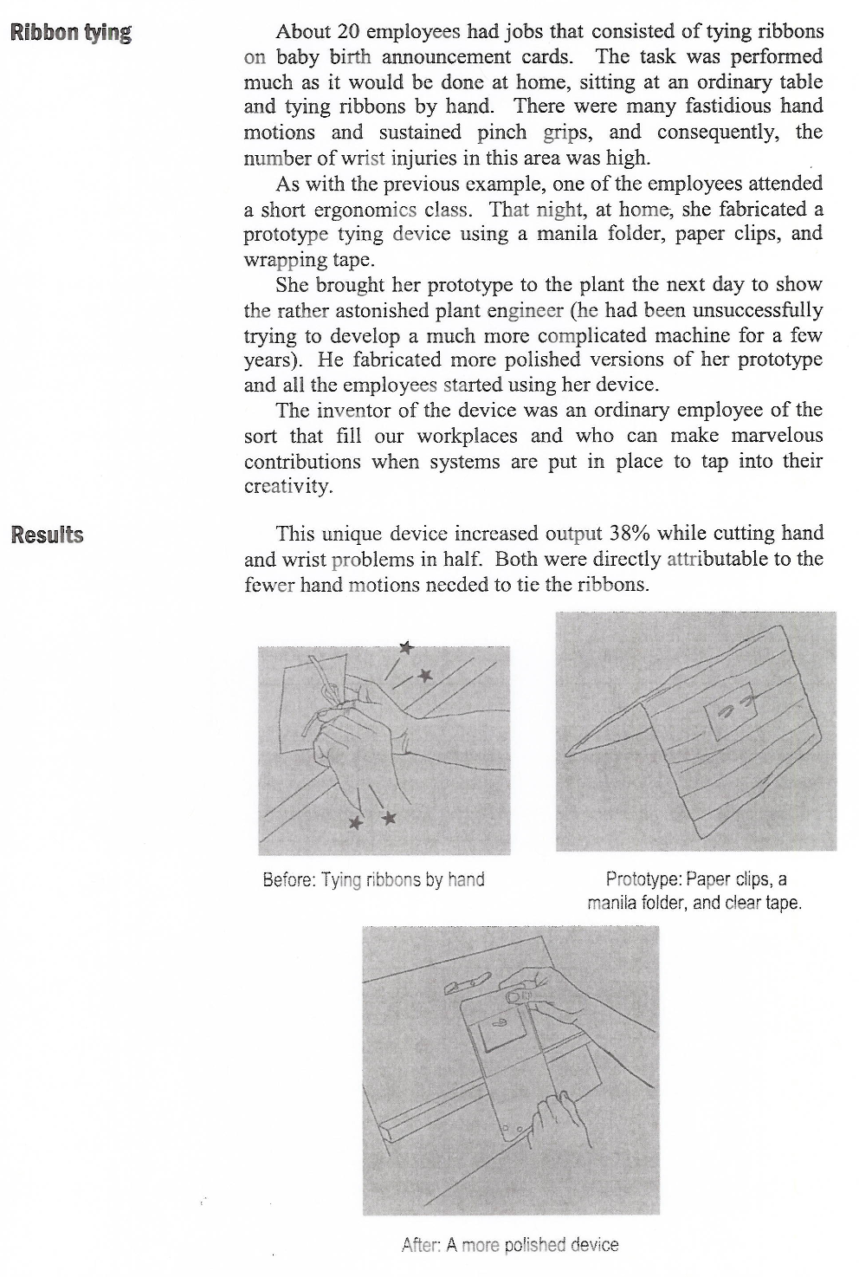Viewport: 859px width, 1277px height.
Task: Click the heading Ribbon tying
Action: point(70,34)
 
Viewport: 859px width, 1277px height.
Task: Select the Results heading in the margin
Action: point(47,535)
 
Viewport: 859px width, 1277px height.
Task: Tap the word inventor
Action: point(351,411)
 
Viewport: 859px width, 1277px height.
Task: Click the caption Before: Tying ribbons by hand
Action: point(373,880)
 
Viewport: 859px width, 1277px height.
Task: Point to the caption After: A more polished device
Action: point(510,1245)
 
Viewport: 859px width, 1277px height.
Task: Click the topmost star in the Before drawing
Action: point(406,646)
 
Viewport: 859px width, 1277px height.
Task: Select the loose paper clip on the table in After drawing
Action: point(468,984)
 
